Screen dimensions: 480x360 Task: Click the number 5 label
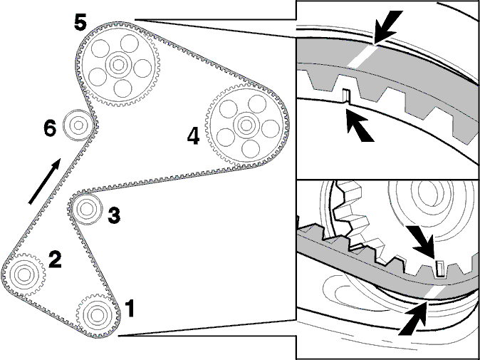click(x=80, y=22)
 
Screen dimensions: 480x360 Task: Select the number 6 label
click(x=50, y=128)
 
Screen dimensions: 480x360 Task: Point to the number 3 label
click(x=114, y=215)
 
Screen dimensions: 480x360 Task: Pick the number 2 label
click(x=55, y=260)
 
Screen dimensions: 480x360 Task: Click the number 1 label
click(x=130, y=309)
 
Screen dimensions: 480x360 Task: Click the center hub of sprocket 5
click(x=118, y=65)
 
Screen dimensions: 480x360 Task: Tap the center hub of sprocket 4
click(x=246, y=125)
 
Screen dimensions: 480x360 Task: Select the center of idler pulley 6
click(x=78, y=125)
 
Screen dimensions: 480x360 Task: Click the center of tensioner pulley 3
click(x=86, y=209)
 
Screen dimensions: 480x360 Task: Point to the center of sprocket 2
click(x=24, y=274)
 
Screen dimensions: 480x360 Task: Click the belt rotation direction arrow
click(x=45, y=181)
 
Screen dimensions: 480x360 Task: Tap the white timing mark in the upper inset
click(x=362, y=57)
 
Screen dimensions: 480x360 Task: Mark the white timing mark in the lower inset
click(x=433, y=294)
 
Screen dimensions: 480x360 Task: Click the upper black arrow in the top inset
click(x=388, y=27)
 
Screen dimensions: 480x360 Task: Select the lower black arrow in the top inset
click(x=360, y=125)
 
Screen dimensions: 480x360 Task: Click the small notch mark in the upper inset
click(x=346, y=96)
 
